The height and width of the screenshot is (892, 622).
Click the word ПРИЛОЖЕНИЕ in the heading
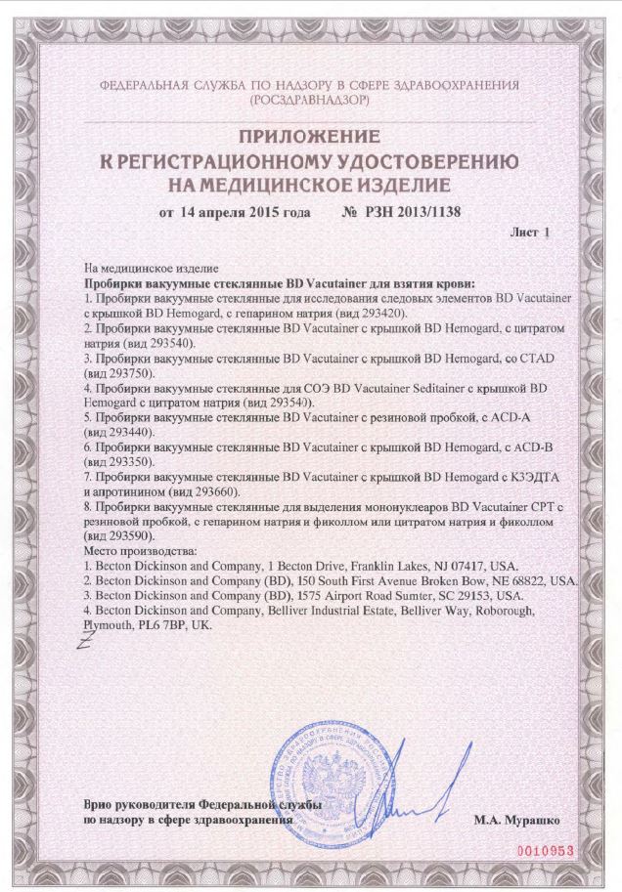[311, 137]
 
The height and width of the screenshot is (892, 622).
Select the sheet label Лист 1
[531, 234]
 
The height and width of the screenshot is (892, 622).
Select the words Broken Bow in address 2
[460, 580]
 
